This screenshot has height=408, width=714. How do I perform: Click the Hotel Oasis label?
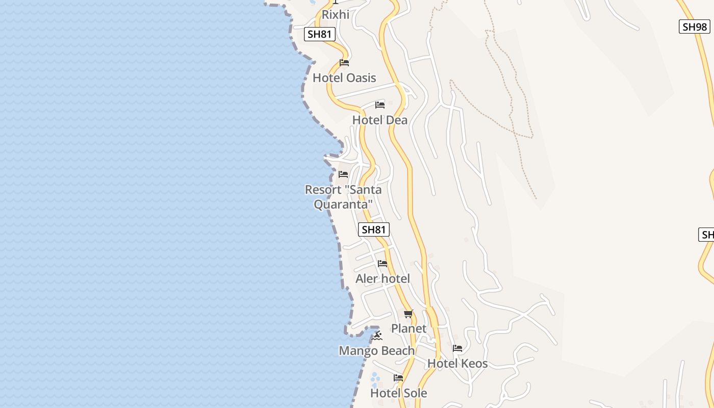click(x=344, y=78)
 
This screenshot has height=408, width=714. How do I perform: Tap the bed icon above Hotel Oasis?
click(x=344, y=63)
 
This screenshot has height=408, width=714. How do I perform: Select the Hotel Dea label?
click(x=380, y=120)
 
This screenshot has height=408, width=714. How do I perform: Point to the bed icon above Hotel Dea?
click(x=380, y=105)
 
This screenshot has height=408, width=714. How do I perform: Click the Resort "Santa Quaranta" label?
click(x=343, y=197)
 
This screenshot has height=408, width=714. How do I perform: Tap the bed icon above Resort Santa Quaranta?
click(x=343, y=174)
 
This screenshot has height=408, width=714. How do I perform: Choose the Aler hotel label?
click(x=382, y=279)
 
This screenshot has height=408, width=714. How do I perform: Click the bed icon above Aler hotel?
click(x=382, y=264)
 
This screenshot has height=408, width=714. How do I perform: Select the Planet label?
click(x=409, y=328)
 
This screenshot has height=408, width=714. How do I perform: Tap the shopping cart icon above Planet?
click(x=408, y=314)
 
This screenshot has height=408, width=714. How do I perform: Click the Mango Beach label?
click(x=377, y=351)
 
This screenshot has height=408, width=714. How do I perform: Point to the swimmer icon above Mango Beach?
click(x=377, y=336)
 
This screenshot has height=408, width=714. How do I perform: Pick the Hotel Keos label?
click(x=457, y=364)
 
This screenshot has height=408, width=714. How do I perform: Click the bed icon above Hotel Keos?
click(x=457, y=348)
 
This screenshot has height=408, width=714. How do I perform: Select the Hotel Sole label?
click(x=398, y=393)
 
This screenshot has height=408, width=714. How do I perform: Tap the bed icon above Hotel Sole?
click(x=398, y=378)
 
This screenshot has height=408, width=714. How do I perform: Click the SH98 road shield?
click(x=695, y=27)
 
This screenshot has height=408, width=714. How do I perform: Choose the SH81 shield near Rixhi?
click(x=320, y=34)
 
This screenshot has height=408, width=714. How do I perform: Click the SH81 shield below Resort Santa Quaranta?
click(x=374, y=229)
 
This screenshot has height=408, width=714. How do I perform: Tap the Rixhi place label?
click(x=336, y=15)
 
